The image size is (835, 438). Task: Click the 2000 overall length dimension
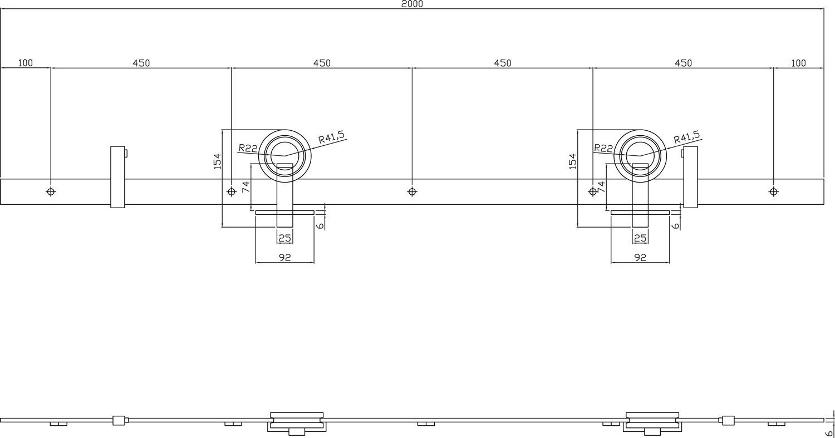tap(412, 4)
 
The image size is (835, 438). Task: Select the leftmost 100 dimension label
tap(26, 63)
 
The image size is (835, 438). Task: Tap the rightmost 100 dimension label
tap(798, 63)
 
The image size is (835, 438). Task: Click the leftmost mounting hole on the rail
tap(51, 191)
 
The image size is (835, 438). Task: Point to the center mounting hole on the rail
tap(412, 191)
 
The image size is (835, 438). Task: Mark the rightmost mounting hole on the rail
tap(774, 191)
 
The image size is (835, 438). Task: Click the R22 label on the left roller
tap(248, 148)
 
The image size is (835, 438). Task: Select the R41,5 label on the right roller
tap(686, 137)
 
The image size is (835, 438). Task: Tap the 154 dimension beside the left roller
tap(217, 161)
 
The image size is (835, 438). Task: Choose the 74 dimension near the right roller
tap(601, 186)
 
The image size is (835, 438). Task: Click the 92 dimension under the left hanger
tap(284, 257)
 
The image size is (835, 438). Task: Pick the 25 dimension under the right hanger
tap(640, 238)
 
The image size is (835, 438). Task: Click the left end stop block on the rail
tap(117, 176)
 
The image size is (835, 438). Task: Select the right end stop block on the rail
tap(690, 176)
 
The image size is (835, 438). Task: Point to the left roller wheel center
tap(285, 155)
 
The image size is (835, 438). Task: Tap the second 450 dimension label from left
tap(322, 63)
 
